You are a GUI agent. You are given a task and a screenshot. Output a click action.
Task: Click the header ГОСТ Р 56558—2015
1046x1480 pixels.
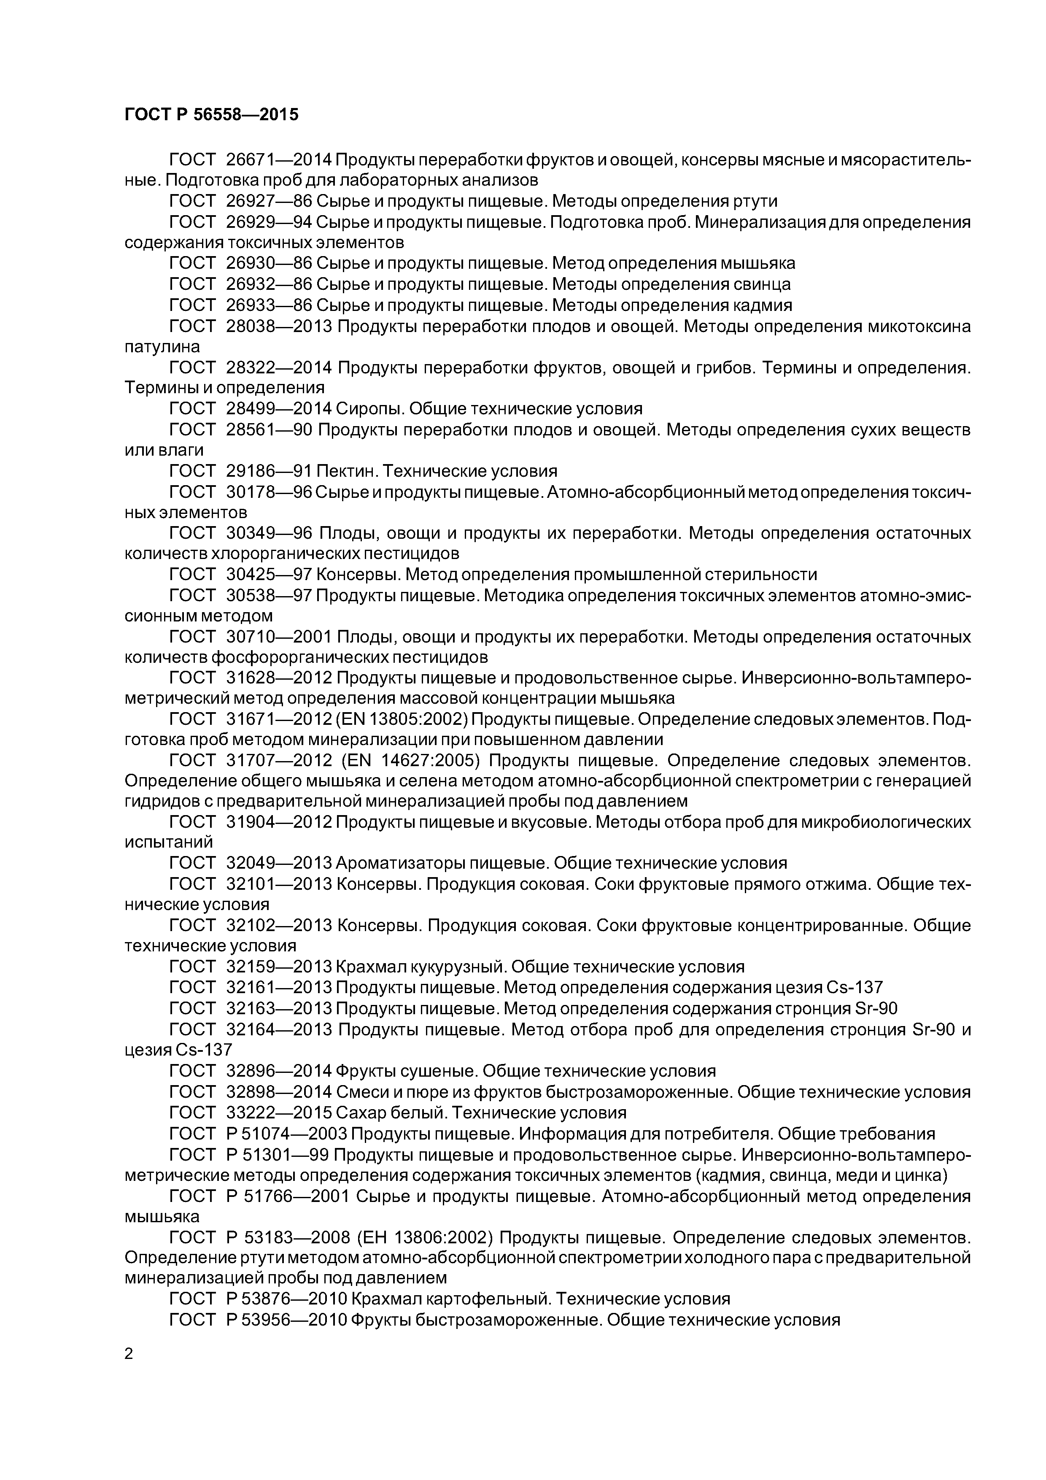tap(211, 115)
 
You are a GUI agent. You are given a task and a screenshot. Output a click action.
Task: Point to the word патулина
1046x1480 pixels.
tap(162, 347)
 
